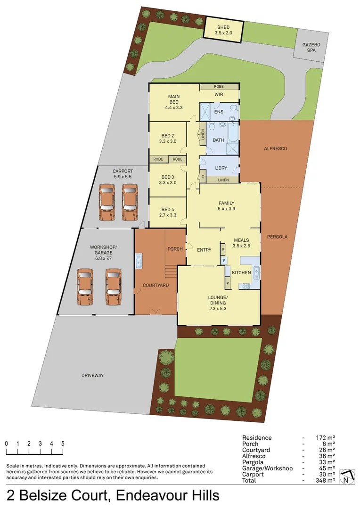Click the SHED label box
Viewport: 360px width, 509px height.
(x=223, y=30)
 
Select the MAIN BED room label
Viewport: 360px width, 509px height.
(x=173, y=102)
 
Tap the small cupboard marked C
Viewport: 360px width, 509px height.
(x=203, y=177)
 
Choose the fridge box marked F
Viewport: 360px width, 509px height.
(x=224, y=260)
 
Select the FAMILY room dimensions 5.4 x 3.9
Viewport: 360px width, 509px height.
(x=226, y=208)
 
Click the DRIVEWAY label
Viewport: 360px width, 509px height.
(x=92, y=375)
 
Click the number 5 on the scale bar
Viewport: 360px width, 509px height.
(x=63, y=443)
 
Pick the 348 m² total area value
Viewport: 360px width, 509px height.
(x=325, y=480)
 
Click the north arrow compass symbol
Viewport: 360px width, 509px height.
(x=346, y=477)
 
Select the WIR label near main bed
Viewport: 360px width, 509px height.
(x=219, y=95)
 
